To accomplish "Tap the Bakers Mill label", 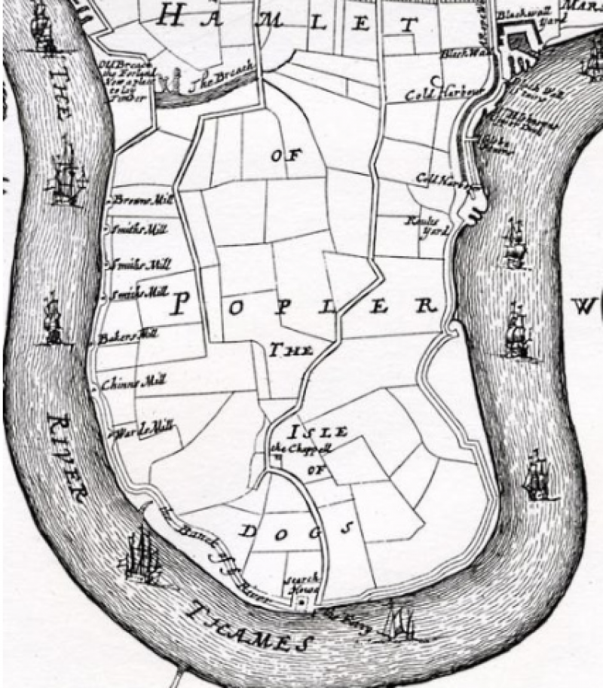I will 127,336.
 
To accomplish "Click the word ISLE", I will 317,432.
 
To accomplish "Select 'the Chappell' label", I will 301,449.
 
